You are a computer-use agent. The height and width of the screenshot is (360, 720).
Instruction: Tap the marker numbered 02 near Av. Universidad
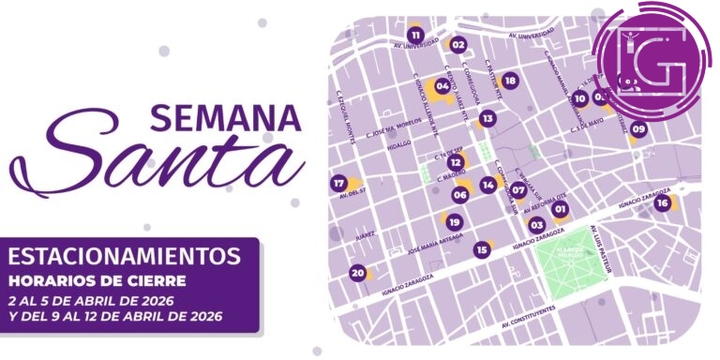click(x=458, y=44)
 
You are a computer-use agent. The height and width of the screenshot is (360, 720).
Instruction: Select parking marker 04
click(x=442, y=85)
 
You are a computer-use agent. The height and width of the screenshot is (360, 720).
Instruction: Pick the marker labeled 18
click(x=510, y=81)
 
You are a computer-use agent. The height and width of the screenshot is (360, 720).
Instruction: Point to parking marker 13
click(x=487, y=119)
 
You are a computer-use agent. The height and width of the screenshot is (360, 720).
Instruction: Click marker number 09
click(x=638, y=128)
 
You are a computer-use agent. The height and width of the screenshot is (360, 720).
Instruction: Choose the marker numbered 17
click(x=338, y=183)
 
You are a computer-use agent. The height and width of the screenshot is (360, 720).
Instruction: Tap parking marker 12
click(x=455, y=162)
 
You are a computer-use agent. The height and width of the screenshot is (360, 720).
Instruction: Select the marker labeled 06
click(x=459, y=195)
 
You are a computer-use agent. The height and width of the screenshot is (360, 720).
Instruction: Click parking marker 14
click(x=487, y=185)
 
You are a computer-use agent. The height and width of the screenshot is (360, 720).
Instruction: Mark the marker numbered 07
click(x=517, y=189)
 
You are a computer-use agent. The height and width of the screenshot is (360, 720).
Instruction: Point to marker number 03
click(x=537, y=224)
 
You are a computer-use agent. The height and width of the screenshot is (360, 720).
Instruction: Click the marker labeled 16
click(x=663, y=202)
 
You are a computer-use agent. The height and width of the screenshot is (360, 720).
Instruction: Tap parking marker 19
click(x=454, y=222)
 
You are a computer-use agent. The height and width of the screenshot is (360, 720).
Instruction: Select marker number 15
click(x=482, y=249)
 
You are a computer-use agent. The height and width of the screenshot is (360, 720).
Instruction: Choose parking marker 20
click(x=357, y=273)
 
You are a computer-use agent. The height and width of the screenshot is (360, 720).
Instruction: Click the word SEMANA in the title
click(x=224, y=118)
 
